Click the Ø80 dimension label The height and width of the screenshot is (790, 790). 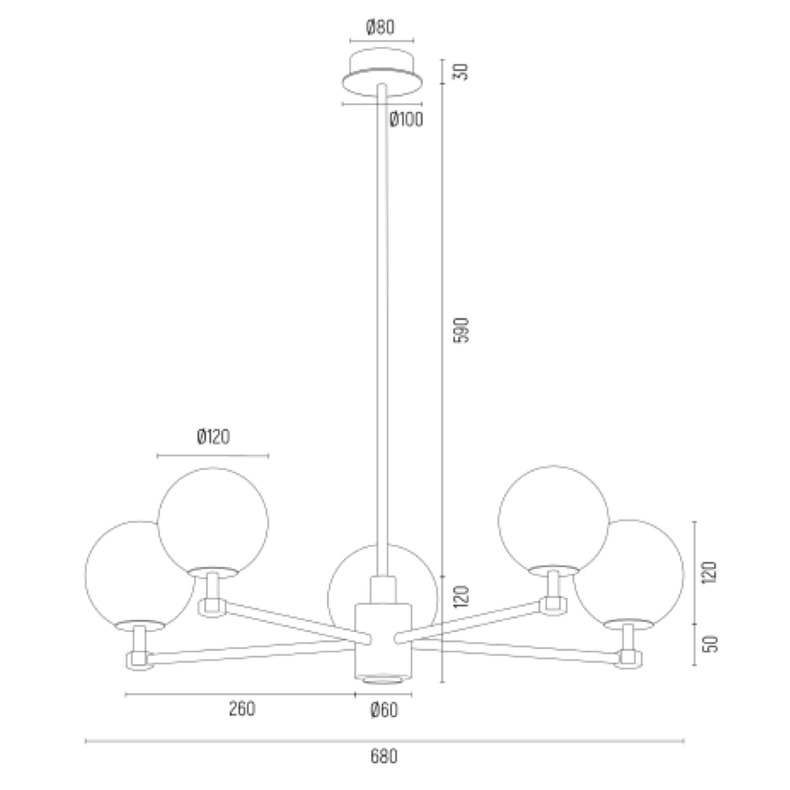(380, 27)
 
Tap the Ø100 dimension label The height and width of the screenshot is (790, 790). (406, 120)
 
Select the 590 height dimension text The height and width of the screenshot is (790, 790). (462, 330)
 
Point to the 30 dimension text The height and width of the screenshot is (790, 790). (462, 72)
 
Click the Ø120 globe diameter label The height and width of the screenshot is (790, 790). (213, 436)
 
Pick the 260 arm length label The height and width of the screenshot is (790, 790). (242, 709)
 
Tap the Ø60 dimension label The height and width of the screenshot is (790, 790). (384, 710)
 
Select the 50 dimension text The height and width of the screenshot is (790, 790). (710, 644)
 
